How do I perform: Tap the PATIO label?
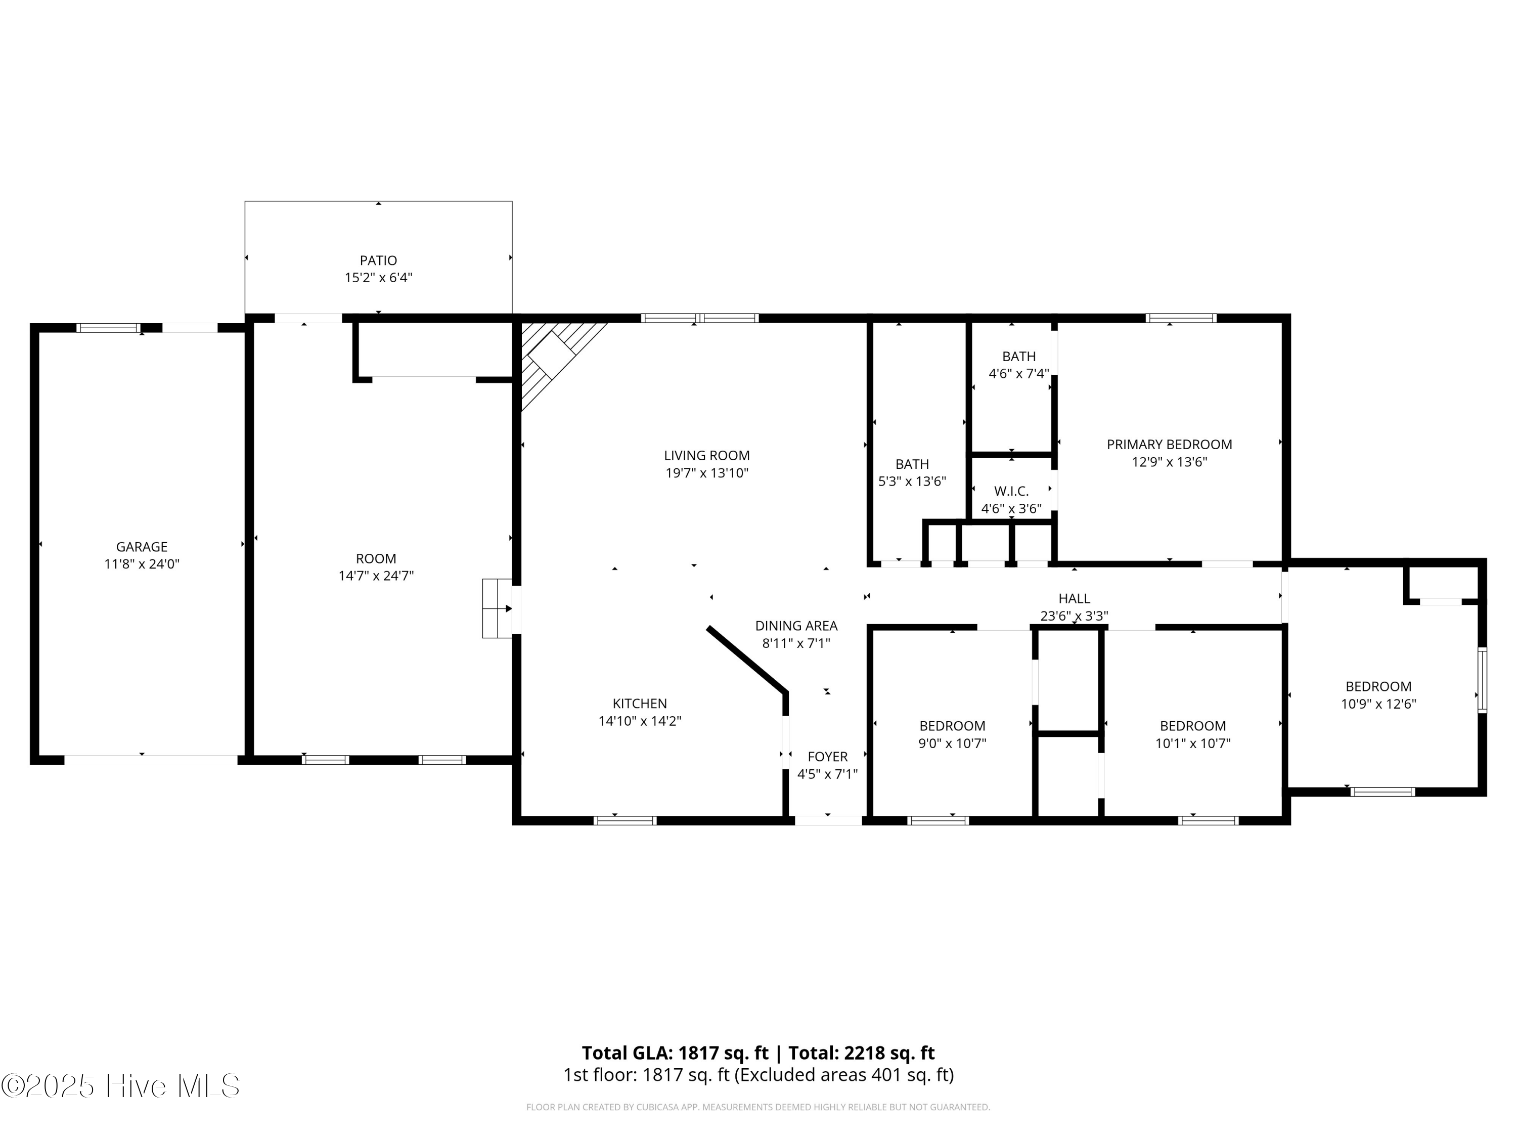coord(379,260)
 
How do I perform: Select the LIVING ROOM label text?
coord(706,456)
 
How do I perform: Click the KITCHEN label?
coord(640,704)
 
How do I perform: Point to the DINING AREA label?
coord(796,626)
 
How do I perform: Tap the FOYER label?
coord(828,757)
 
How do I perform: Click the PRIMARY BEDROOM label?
coord(1169,445)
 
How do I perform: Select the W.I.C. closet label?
coord(1011,491)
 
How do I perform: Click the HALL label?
coord(1074,599)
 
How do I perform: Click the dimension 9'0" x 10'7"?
coord(953,743)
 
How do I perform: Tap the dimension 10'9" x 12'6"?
coord(1378,704)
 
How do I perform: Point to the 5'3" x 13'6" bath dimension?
coord(912,481)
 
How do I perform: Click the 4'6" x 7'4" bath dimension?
coord(1019,374)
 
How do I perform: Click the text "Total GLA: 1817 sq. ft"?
coord(676,1053)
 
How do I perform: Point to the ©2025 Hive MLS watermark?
coord(121,1086)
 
